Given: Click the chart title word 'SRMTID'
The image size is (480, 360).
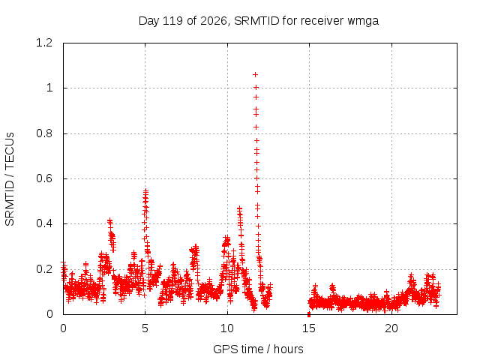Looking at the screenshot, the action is (256, 21).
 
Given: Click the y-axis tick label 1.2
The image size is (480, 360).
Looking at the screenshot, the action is (44, 43).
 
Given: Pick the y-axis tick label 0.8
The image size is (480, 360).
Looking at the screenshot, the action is (44, 133).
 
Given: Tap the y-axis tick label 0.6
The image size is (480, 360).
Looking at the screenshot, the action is (44, 178).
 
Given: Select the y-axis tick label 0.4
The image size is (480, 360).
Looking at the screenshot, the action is (44, 223).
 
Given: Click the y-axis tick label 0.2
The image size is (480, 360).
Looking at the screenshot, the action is (44, 269).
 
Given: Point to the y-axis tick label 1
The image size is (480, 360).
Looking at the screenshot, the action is (49, 88).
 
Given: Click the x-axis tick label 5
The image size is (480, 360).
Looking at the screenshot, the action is (145, 328).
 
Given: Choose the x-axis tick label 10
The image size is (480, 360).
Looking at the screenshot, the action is (227, 328).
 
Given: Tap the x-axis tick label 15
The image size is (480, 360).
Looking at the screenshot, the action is (309, 328).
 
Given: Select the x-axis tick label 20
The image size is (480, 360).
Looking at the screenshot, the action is (391, 328).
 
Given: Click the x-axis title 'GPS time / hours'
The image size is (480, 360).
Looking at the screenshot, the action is (258, 349).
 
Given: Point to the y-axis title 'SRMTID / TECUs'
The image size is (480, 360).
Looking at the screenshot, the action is (10, 179).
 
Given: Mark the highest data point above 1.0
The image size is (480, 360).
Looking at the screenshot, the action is (255, 75).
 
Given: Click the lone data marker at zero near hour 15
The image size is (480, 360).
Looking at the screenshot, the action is (309, 314).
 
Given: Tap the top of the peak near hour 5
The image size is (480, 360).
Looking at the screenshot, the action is (145, 191).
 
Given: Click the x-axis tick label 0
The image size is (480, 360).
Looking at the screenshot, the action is (63, 328).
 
